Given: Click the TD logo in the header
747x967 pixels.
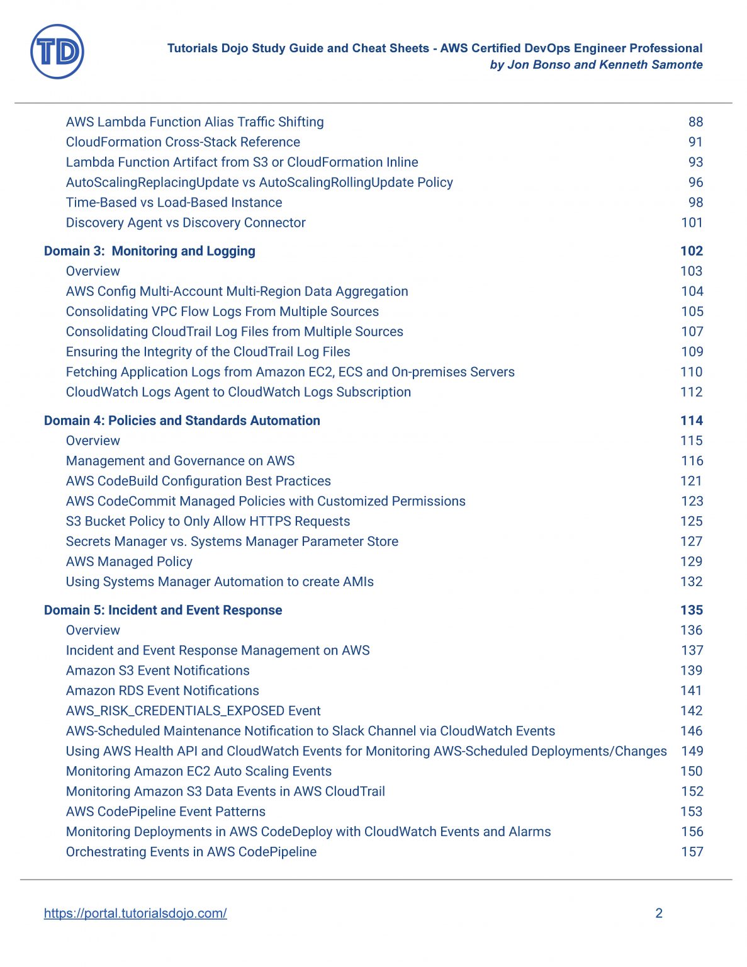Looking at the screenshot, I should point(57,52).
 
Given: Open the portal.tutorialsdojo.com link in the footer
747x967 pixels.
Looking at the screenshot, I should point(135,913).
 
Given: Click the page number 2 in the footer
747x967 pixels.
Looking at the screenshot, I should point(659,913).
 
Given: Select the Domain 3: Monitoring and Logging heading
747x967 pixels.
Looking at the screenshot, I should point(150,251).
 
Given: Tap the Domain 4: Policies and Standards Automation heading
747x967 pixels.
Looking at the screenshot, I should point(182,421).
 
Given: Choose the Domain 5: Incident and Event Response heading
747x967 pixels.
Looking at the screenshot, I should point(163,610).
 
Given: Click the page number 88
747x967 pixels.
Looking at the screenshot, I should point(695,122).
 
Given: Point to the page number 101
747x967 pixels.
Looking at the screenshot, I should point(692,223).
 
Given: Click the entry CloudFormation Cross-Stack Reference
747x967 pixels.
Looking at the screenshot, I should point(183,142).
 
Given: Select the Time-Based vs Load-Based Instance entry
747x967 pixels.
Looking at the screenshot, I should point(174,203).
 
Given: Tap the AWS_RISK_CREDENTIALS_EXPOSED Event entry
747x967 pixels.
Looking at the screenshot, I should point(193,711).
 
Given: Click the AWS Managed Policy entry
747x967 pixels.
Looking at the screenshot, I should point(129,562).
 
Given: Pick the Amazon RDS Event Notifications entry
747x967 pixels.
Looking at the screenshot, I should point(162,691).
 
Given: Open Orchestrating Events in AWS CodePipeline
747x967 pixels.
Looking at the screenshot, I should point(191,852).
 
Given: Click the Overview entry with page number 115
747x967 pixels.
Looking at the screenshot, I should point(93,441).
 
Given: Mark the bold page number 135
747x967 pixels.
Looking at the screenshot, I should point(691,610).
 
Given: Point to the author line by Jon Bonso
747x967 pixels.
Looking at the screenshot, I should point(596,64).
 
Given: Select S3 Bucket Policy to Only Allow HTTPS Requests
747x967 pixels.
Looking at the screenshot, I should point(208,521).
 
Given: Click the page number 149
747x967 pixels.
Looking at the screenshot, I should point(692,751).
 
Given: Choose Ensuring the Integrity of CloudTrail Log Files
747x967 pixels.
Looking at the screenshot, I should point(208,352).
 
